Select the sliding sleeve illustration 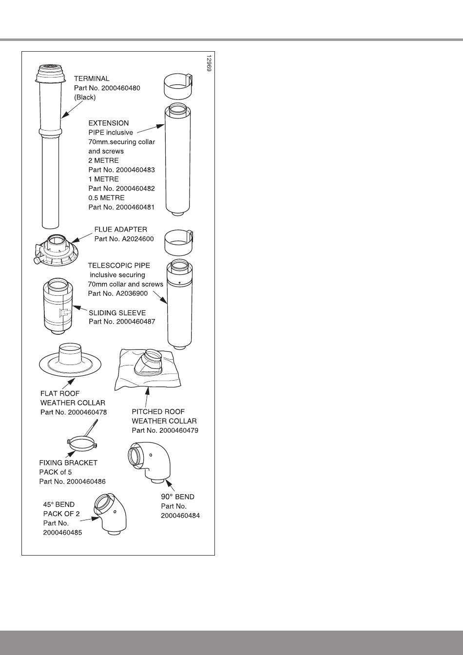[x=60, y=307]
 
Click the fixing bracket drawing [x=80, y=441]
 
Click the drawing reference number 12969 [x=209, y=63]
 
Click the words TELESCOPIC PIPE [x=119, y=266]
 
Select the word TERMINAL [x=92, y=78]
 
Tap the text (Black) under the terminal [x=85, y=97]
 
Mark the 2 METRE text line [x=103, y=160]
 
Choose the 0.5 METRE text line [x=106, y=198]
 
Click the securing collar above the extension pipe [x=177, y=87]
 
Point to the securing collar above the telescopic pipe [x=178, y=243]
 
